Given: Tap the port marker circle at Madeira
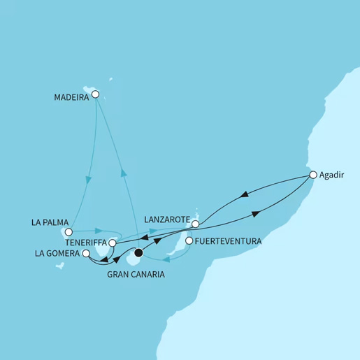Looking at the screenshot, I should tap(96, 94).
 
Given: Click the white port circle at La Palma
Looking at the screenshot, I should tap(69, 232).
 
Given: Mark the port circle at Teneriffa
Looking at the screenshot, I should tap(113, 243).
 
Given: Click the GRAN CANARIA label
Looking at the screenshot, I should tap(137, 275).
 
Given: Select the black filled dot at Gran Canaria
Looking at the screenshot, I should tap(138, 252).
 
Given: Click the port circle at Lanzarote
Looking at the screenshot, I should tap(196, 224).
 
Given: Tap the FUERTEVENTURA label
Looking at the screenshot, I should tap(229, 242).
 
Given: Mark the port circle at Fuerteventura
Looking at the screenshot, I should tap(188, 241).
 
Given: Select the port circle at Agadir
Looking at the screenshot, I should tap(313, 175).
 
